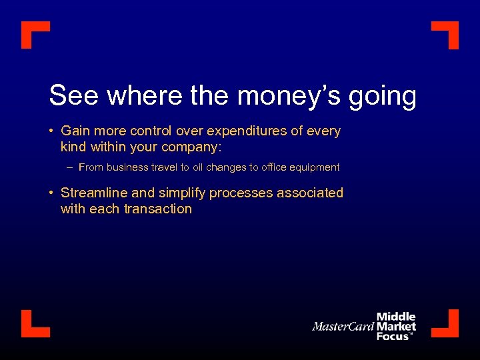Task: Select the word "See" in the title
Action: [x=75, y=96]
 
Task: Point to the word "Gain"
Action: [x=76, y=131]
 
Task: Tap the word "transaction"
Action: [x=157, y=209]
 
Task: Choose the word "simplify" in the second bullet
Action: [x=182, y=193]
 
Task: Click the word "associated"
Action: [x=313, y=193]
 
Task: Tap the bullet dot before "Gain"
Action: [x=51, y=131]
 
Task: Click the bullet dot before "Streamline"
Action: [x=51, y=193]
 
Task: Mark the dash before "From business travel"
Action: [x=69, y=167]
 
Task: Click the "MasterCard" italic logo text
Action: [x=343, y=327]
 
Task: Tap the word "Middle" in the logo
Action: [x=396, y=317]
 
